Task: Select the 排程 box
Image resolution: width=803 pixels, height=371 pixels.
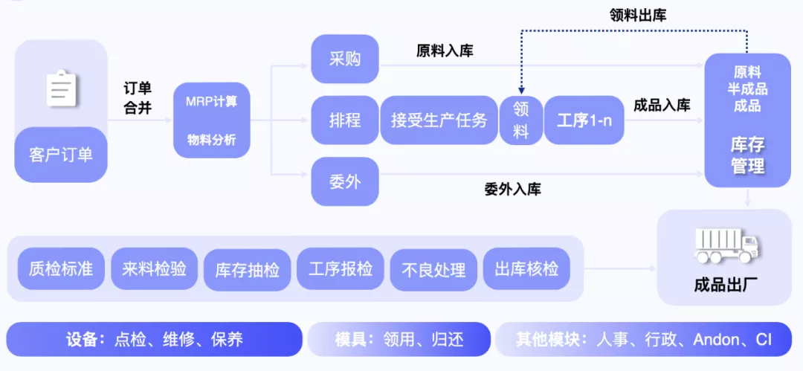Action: tap(345, 120)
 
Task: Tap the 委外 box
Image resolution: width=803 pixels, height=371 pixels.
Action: tap(345, 181)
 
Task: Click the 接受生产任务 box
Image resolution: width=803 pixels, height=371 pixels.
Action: tap(439, 120)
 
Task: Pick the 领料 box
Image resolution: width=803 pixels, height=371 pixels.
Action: tap(521, 120)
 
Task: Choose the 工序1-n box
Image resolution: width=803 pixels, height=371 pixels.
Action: tap(584, 120)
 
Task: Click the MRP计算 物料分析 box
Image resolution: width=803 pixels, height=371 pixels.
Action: tap(211, 120)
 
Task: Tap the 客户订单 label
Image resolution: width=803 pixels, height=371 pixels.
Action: tap(61, 155)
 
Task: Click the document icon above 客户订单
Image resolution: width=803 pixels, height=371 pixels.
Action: tap(62, 88)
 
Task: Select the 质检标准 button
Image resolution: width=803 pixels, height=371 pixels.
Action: tap(61, 268)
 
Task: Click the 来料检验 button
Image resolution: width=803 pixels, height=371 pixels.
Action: tap(154, 268)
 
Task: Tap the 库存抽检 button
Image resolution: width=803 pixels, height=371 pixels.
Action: tap(247, 269)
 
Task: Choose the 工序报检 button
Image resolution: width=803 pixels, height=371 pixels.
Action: tap(341, 268)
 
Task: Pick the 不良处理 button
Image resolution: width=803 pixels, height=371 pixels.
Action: tap(433, 269)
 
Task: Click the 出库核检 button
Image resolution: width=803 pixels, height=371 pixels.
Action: tap(526, 268)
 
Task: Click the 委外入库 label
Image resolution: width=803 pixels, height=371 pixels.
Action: tap(512, 189)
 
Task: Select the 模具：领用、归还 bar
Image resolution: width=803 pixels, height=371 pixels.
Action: tap(399, 340)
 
